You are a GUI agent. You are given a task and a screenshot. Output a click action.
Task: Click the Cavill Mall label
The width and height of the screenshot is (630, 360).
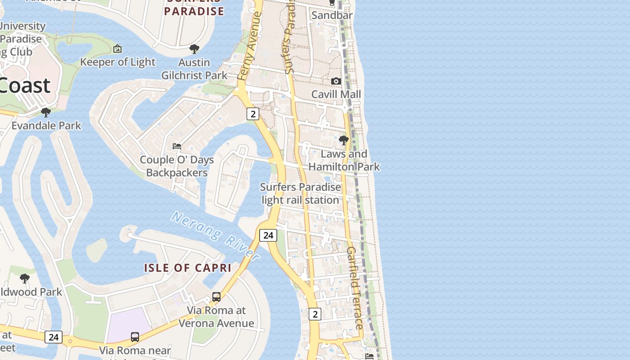pos(336,94)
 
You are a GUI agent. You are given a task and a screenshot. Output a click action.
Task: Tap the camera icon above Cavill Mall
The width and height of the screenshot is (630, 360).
pos(336,81)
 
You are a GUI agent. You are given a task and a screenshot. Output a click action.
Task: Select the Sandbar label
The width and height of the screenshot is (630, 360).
pos(332,15)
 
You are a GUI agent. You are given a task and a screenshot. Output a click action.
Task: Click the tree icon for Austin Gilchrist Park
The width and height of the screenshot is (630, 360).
pos(194,49)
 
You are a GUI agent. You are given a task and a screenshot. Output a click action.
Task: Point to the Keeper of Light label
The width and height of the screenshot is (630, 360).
pos(117,62)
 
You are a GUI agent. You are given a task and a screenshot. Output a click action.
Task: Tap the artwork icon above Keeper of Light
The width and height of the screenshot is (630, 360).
pos(117,49)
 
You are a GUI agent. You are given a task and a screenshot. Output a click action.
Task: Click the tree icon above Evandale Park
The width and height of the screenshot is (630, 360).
pos(45,112)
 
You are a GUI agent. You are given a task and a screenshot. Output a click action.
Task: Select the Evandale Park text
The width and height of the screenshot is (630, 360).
pos(46,126)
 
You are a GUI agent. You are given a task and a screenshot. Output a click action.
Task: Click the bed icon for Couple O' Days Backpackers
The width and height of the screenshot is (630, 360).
pos(177,146)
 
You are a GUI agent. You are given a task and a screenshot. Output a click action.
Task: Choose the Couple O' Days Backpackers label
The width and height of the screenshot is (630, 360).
pos(177,166)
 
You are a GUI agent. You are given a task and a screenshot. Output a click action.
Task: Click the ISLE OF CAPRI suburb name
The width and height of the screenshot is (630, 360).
pos(188,268)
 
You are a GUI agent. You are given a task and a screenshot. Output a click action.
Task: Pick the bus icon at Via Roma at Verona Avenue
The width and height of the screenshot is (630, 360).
pos(216,297)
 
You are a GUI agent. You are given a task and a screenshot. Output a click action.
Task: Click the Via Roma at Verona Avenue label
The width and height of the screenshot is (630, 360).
pos(216,317)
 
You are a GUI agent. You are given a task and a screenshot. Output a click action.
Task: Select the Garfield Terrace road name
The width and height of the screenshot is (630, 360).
pos(355,288)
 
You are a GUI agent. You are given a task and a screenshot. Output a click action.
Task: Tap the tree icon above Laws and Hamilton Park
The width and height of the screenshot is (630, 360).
pos(344,141)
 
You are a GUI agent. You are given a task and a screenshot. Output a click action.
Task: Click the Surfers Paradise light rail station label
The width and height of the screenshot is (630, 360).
pos(301,193)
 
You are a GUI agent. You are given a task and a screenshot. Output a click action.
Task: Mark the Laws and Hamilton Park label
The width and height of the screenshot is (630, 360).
pos(344,160)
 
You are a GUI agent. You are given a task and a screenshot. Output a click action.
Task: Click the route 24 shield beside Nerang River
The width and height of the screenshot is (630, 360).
pos(268,235)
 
